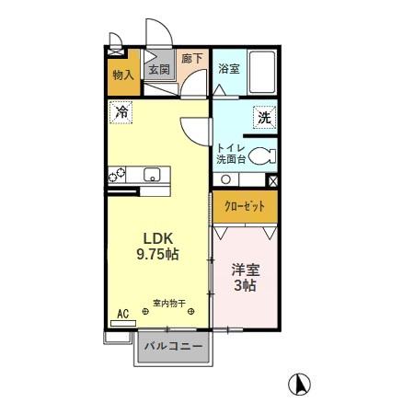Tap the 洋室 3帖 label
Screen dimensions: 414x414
point(244,277)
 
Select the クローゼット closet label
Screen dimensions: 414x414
point(245,207)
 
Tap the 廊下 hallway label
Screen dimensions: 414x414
point(191,58)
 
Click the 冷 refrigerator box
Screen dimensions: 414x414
point(121,113)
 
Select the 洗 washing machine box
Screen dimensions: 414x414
point(264,118)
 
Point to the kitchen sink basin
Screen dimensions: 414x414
point(151,175)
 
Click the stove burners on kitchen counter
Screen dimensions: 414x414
point(118,175)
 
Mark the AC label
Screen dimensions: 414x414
point(121,314)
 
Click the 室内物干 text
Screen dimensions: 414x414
point(169,303)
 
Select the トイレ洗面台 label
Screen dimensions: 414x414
point(230,154)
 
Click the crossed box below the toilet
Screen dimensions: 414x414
point(271,181)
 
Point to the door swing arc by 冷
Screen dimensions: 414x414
point(195,131)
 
